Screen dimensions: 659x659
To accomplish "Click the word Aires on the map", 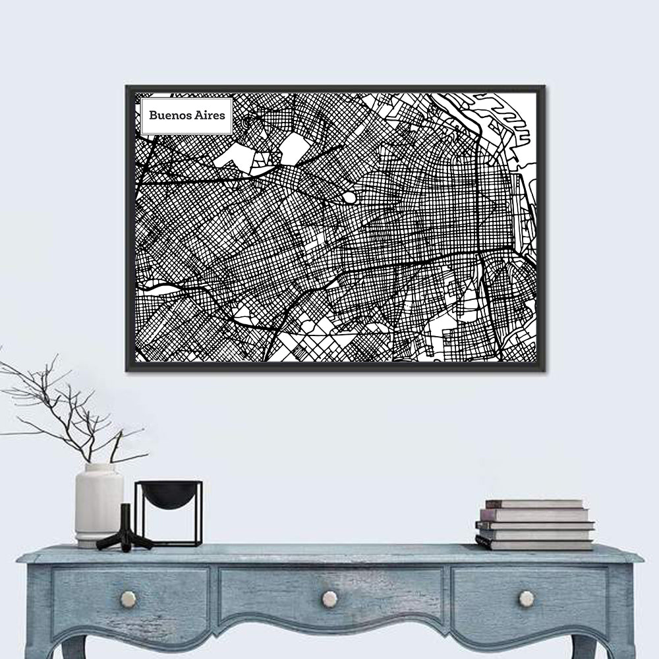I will coord(210,114).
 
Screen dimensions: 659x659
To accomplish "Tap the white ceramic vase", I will coord(99,504).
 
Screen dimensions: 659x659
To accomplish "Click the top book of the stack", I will coord(534,503).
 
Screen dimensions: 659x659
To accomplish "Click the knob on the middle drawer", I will coord(329,598).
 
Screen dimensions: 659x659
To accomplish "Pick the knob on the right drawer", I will coord(526,598).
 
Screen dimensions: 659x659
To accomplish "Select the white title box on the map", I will coord(185,115).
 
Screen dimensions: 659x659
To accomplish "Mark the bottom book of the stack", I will coord(534,544).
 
